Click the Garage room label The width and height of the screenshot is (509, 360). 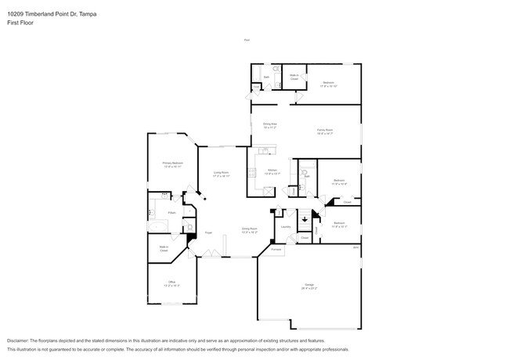[x=310, y=286]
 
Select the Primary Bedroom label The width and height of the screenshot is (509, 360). [x=171, y=164]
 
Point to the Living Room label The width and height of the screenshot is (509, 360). [x=221, y=174]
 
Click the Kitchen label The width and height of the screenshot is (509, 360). [x=272, y=171]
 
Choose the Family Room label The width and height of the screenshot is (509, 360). [x=325, y=131]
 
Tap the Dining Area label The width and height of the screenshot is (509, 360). [x=271, y=124]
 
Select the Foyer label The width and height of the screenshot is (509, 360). [x=209, y=232]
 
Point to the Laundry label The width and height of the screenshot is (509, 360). [x=286, y=227]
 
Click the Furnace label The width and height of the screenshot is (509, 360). [x=276, y=249]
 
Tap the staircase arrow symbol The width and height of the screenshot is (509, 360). [x=306, y=219]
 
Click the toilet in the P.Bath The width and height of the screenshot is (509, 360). [x=190, y=228]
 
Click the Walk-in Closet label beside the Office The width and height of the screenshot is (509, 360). [x=164, y=250]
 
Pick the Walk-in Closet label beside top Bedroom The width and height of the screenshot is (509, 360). [x=294, y=77]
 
